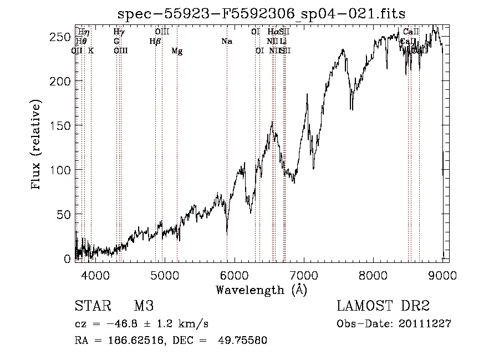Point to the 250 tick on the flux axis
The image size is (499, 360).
64,37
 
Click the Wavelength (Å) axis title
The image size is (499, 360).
261,290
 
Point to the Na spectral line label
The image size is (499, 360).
226,41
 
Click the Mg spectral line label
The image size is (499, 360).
177,51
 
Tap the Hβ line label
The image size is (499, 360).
155,41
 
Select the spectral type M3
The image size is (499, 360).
143,307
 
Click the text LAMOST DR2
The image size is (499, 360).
383,307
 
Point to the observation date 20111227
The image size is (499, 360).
425,324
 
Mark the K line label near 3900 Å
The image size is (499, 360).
91,50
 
